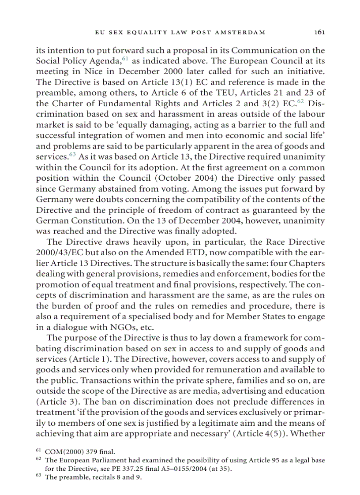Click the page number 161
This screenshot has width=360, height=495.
pyautogui.click(x=319, y=32)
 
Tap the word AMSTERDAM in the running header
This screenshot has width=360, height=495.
pyautogui.click(x=241, y=32)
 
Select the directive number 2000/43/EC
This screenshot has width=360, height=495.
pyautogui.click(x=57, y=254)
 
